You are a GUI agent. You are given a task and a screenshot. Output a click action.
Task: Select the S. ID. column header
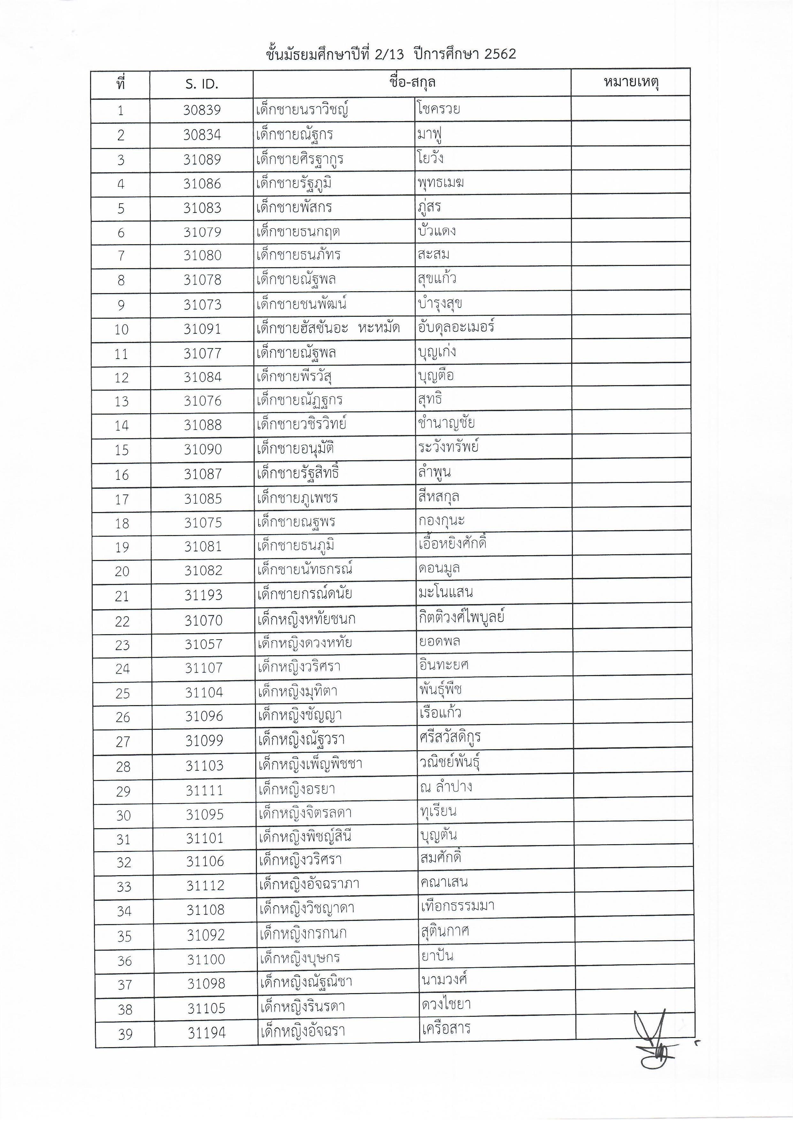pos(202,84)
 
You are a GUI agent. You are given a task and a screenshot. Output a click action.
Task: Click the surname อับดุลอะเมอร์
pos(456,327)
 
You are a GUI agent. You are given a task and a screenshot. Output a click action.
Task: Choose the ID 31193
pos(203,595)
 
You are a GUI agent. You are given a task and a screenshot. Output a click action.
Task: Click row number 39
pos(125,1034)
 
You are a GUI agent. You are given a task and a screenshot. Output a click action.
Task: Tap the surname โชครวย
pos(438,108)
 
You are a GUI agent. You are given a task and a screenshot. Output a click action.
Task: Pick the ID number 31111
pos(204,790)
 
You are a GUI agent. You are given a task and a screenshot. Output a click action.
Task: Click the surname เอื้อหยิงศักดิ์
pos(452,544)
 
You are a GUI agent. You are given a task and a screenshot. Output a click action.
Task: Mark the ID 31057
pos(204,644)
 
